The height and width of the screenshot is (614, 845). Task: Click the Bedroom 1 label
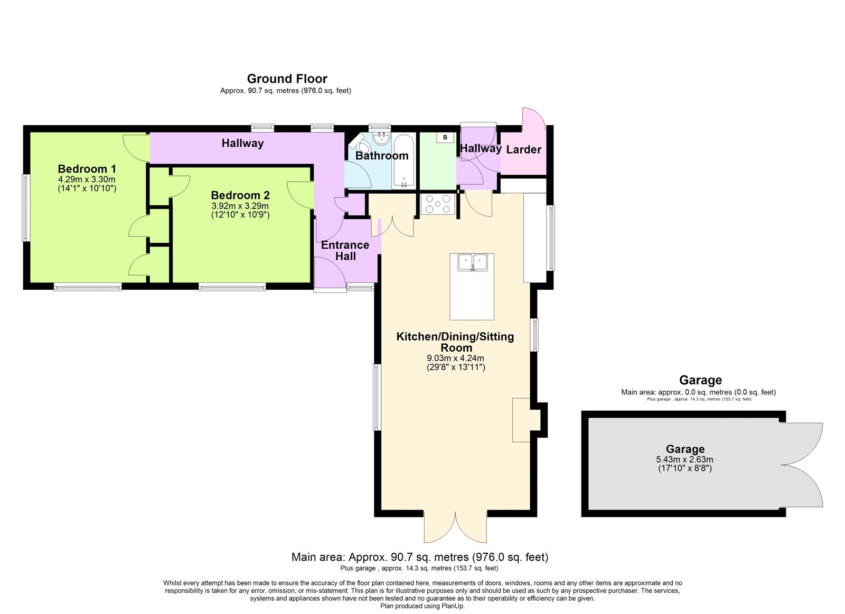[87, 168]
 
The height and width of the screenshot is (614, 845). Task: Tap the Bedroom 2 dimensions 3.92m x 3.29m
[240, 206]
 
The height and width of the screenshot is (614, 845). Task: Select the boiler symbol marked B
[445, 137]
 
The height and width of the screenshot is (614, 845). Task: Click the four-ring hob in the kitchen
[438, 204]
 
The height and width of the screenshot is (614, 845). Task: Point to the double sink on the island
[472, 262]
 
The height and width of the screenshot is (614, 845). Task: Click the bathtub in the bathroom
[403, 162]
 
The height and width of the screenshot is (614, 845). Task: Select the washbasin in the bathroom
[381, 139]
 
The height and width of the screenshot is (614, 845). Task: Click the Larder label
[523, 150]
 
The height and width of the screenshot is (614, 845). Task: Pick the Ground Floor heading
[287, 79]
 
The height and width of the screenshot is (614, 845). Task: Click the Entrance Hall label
[345, 250]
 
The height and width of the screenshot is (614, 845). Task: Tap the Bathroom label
[382, 155]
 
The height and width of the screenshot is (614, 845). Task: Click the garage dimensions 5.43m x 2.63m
[684, 459]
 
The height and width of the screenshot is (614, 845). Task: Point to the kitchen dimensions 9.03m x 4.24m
[455, 358]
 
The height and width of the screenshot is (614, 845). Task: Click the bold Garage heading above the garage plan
[700, 380]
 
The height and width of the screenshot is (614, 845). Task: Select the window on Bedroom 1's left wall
[25, 207]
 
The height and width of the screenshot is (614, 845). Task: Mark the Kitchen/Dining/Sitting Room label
[455, 342]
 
